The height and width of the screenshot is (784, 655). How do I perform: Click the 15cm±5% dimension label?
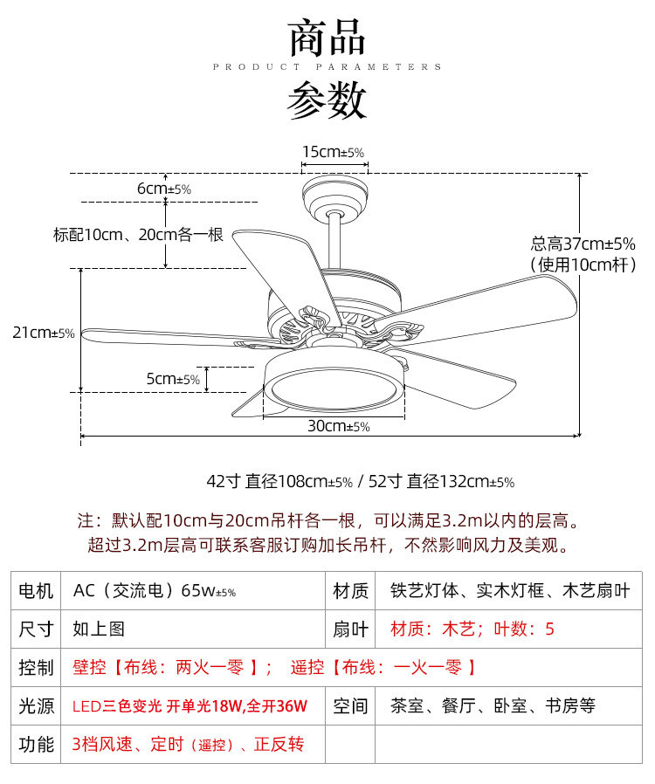coord(333,152)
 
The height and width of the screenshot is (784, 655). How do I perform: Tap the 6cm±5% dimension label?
coord(163,189)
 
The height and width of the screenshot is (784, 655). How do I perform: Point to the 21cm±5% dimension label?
coord(44,333)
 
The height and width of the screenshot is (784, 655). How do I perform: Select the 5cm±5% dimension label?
coord(173,379)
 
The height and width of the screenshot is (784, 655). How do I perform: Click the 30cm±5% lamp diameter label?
coord(338,426)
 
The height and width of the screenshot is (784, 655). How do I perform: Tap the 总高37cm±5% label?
coord(583,244)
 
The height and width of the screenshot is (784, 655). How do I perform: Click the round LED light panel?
coord(334,388)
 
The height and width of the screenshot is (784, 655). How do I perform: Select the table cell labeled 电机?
coord(36,591)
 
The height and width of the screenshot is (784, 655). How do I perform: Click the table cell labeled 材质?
coord(350,591)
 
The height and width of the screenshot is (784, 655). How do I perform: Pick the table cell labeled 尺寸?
coord(36,629)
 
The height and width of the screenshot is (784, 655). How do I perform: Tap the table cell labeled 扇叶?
coord(350,629)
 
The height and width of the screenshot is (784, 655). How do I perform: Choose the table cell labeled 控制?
coord(36,668)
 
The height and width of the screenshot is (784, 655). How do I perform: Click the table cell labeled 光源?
coord(36,705)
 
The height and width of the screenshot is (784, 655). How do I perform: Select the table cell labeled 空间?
coord(350,705)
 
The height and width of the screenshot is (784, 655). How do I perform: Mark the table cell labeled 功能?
coord(36,744)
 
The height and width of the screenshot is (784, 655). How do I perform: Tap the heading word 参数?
coord(327,100)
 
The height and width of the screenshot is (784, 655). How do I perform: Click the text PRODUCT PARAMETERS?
coord(327,66)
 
